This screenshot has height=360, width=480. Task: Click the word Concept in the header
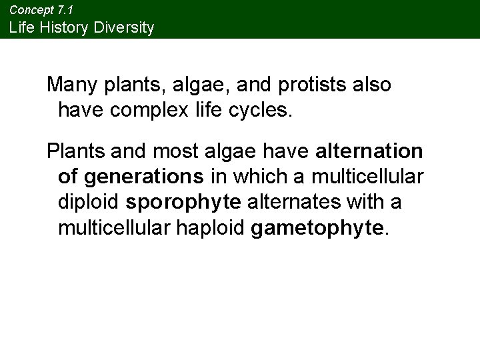(27, 11)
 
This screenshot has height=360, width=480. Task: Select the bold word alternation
(369, 151)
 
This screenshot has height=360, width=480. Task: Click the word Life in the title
(22, 28)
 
